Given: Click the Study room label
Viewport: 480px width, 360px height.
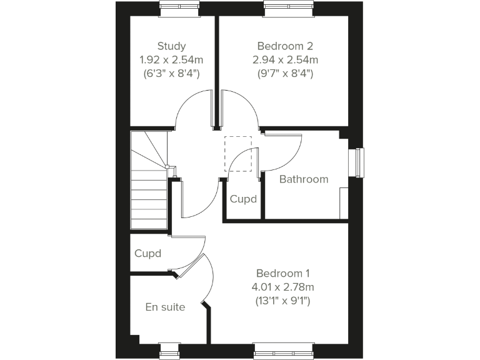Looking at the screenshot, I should pos(171,46).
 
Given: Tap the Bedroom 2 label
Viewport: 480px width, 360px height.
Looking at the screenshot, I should pos(285,46).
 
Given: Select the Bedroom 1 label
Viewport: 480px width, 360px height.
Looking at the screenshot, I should pos(283,273).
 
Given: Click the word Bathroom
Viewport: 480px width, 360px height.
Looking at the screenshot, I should pos(303,179).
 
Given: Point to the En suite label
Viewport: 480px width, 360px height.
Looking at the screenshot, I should pos(165,307).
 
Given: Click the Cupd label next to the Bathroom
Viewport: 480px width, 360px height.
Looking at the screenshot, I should pos(243,199).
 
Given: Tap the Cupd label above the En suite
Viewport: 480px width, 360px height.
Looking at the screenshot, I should pos(148,253).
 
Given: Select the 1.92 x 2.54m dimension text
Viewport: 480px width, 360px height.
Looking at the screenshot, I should pos(171,59).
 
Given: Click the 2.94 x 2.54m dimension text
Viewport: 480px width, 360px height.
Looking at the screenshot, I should pos(285,59).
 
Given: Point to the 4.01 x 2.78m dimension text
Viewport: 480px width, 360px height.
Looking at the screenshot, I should pos(283,287).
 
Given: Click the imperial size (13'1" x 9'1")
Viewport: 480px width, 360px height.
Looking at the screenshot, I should pos(283,301).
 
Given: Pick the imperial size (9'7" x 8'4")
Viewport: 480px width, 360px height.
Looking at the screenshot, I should pos(285,73).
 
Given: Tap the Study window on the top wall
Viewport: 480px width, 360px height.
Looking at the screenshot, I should pos(179,8).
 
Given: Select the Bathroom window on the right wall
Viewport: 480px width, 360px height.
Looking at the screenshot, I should pos(357,162).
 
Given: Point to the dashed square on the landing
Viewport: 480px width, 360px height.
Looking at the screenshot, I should pos(238,153).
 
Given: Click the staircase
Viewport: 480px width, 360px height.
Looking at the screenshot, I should pos(149,187).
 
